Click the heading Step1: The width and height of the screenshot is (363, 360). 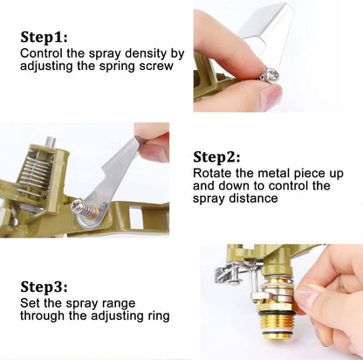click(44, 38)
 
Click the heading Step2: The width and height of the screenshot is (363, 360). click(216, 157)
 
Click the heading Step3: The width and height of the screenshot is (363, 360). click(44, 287)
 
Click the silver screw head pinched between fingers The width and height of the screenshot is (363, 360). click(270, 75)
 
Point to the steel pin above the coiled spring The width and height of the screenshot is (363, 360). click(51, 142)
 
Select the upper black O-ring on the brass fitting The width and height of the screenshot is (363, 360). click(277, 313)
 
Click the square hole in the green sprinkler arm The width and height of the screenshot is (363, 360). click(135, 217)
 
